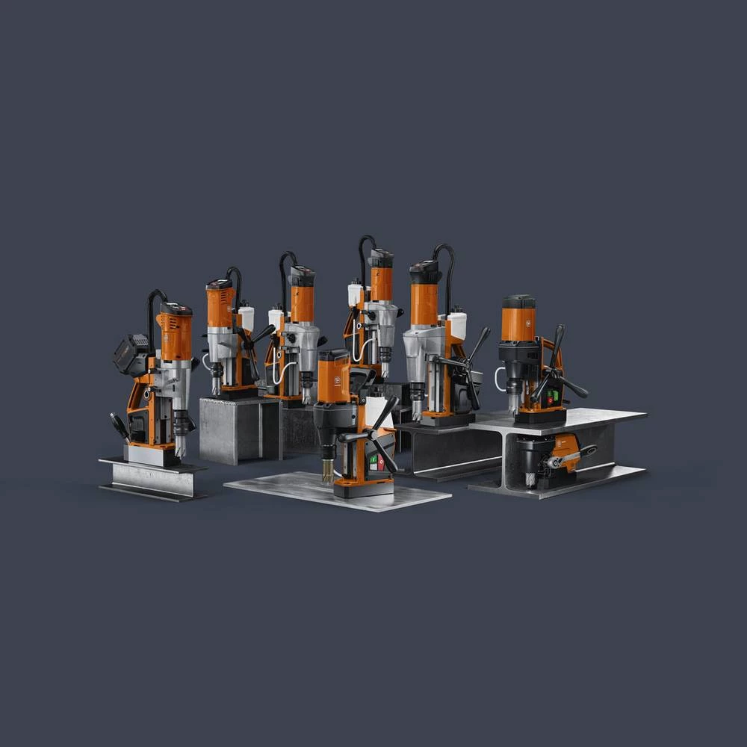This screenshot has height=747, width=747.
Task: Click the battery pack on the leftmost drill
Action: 128,353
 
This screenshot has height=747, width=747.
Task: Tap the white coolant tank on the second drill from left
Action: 246,317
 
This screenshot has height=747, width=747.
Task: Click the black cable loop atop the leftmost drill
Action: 155,303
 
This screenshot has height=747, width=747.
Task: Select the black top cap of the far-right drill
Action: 518,301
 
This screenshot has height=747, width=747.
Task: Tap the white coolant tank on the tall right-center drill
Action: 457,326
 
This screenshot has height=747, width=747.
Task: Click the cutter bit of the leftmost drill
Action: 180,445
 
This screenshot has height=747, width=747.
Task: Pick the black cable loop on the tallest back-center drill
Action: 365,254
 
